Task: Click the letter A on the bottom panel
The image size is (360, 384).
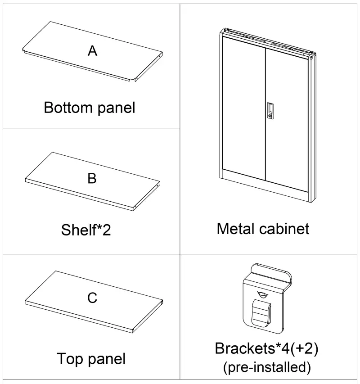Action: (x=92, y=51)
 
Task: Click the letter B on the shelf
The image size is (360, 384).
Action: (x=92, y=179)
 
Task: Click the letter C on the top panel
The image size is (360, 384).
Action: (x=92, y=298)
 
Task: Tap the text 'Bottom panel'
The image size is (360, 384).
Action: (x=90, y=108)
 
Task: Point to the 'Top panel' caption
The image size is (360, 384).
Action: (x=91, y=359)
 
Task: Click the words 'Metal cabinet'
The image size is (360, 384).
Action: (x=263, y=229)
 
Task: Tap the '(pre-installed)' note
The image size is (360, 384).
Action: (x=267, y=367)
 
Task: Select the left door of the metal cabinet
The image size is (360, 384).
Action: (x=243, y=108)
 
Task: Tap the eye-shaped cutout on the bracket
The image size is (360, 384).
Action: (x=261, y=294)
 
